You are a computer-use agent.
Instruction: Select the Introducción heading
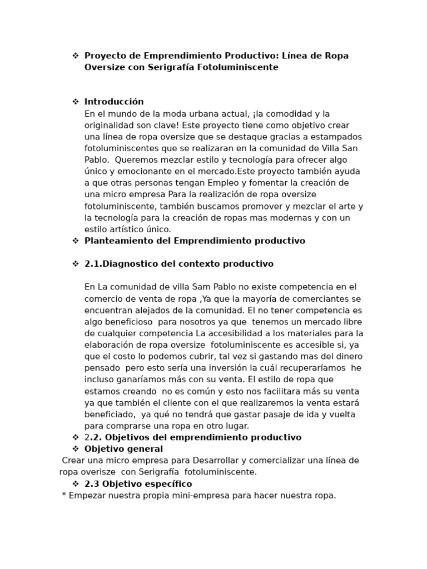pyautogui.click(x=114, y=102)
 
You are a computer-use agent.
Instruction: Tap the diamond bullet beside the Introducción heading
pyautogui.click(x=75, y=102)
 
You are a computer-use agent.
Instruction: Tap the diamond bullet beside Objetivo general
pyautogui.click(x=75, y=449)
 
